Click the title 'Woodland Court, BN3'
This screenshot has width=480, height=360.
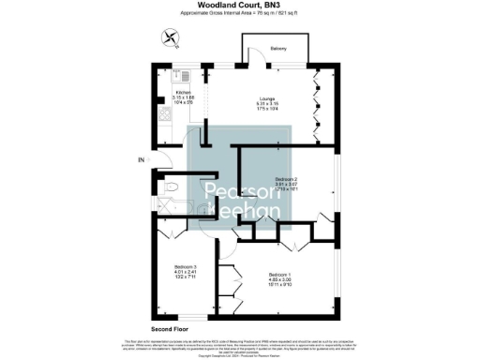click(x=240, y=6)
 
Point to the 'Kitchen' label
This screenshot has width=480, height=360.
click(x=184, y=92)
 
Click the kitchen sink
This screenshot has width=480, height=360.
click(x=186, y=75)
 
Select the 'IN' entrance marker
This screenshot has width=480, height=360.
click(x=142, y=160)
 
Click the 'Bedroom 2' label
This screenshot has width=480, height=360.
click(x=286, y=178)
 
